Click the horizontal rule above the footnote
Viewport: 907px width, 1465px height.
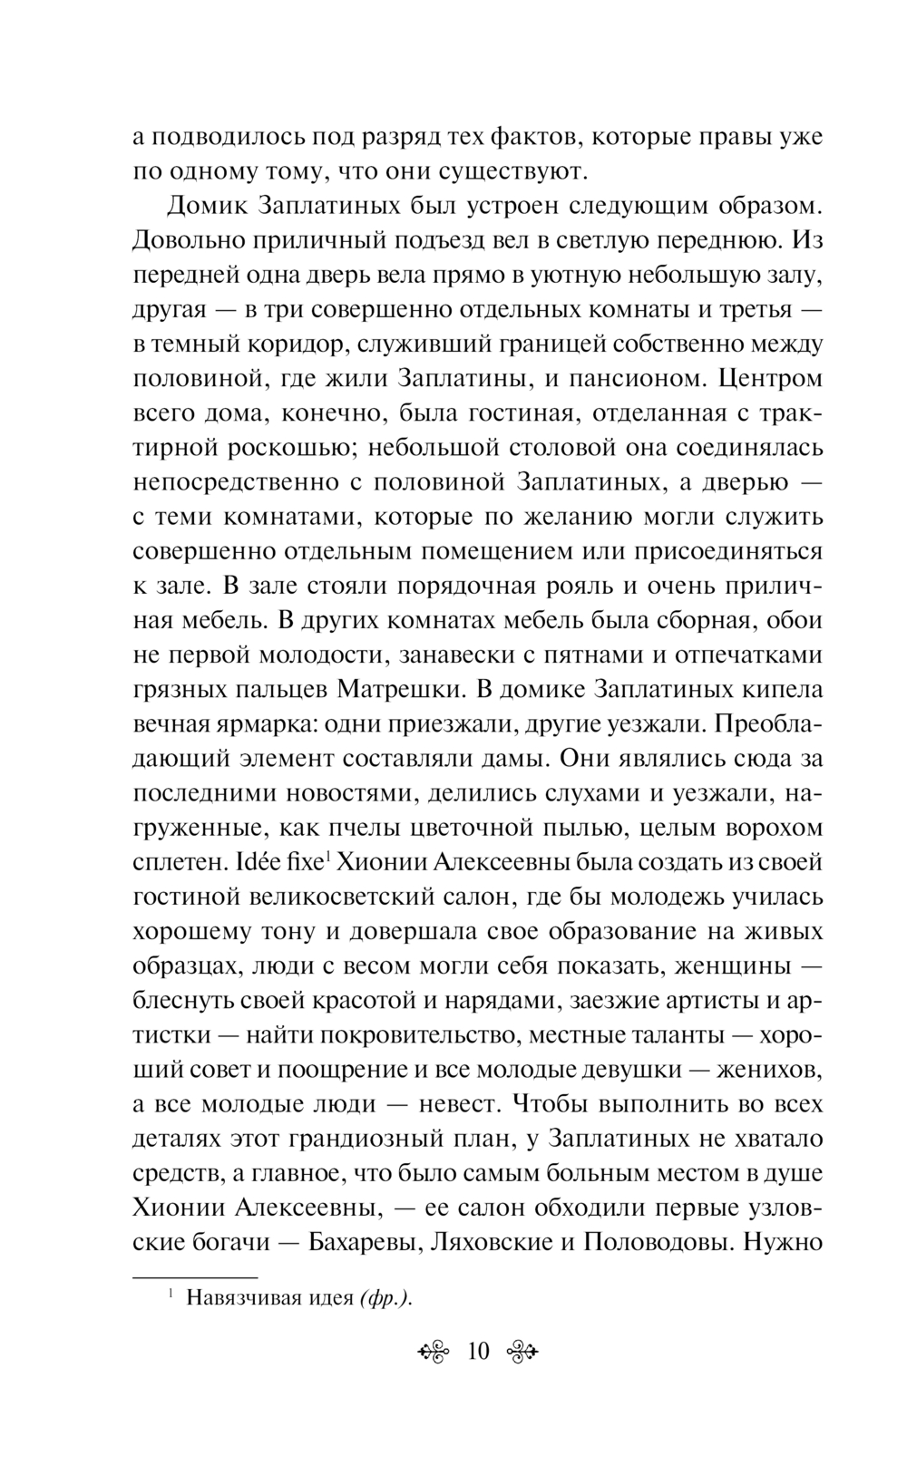pos(195,1275)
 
